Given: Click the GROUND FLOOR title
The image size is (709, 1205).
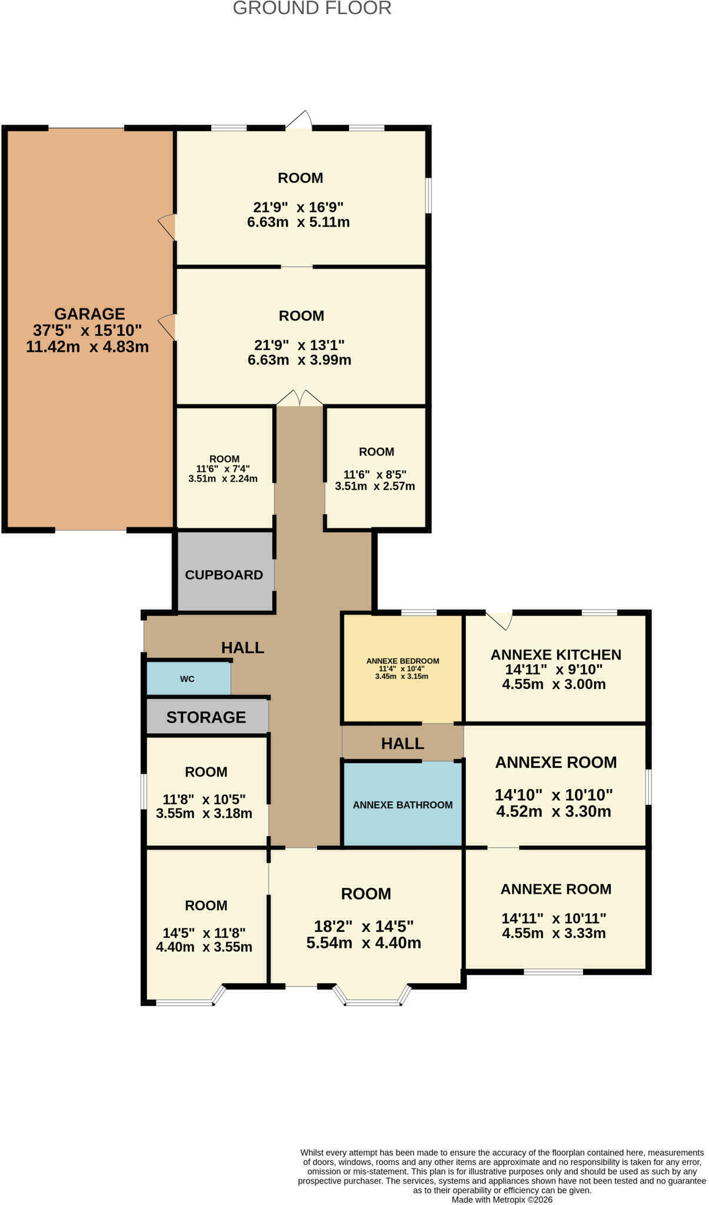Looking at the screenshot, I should (x=312, y=8).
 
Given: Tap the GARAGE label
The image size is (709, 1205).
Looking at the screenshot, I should (x=89, y=314).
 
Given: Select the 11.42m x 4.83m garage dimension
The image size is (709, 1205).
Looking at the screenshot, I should (x=87, y=347).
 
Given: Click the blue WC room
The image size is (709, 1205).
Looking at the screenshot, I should (x=187, y=678).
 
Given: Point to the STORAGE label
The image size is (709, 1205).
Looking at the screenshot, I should (x=206, y=717).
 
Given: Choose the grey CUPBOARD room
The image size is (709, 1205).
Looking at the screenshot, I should (x=224, y=574).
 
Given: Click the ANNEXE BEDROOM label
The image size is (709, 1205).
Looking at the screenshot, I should (x=402, y=661).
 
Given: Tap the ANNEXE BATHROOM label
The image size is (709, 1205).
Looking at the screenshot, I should (x=402, y=804).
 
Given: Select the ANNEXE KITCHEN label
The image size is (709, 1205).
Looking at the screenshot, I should (x=555, y=655).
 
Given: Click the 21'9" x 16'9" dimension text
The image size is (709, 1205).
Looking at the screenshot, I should (x=298, y=207).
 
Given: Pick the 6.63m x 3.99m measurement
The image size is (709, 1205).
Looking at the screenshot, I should (x=299, y=359).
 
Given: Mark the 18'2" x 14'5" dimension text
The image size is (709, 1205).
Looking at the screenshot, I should (x=364, y=926).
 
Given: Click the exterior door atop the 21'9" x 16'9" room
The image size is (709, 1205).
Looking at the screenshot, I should (x=299, y=119).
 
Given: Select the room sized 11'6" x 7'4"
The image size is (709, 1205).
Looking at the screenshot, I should (x=224, y=468).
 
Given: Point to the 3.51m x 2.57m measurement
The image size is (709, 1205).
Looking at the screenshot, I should (x=375, y=486).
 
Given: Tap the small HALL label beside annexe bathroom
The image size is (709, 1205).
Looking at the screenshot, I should (x=402, y=743).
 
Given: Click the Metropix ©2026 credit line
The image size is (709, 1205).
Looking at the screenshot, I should (x=502, y=1199).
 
